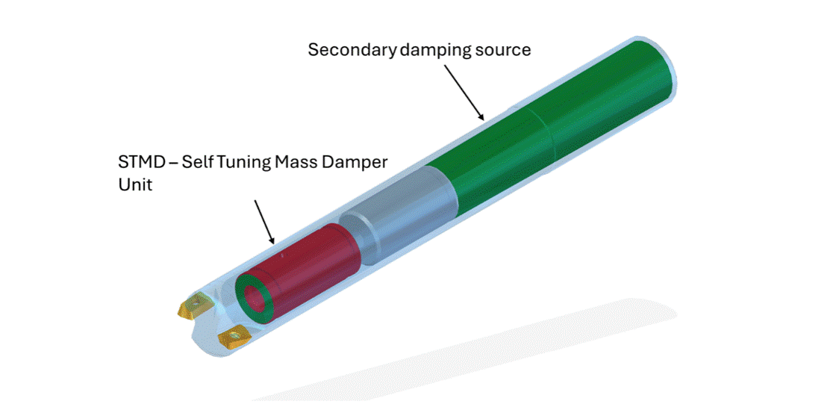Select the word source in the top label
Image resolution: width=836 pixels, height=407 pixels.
pos(504,50)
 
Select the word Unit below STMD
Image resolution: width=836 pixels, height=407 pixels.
pos(135,186)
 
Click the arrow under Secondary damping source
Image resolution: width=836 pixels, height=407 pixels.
pos(464,92)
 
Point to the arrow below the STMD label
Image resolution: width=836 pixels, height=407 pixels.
pos(264,222)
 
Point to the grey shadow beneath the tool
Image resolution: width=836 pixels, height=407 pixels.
pos(470,349)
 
